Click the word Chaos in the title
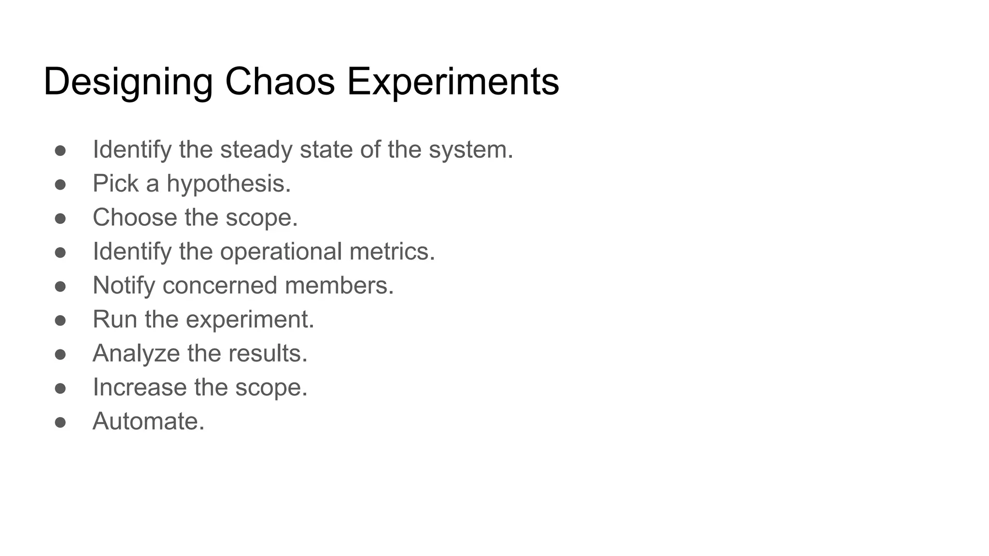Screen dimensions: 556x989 click(280, 82)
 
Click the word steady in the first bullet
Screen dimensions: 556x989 click(256, 150)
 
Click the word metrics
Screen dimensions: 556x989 click(392, 251)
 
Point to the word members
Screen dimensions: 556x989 click(339, 286)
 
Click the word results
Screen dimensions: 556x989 click(268, 353)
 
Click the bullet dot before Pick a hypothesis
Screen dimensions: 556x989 click(60, 185)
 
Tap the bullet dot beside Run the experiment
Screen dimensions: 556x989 click(60, 320)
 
